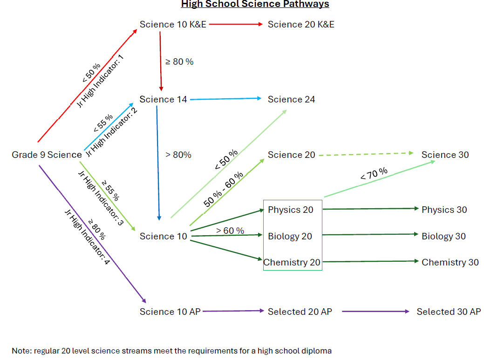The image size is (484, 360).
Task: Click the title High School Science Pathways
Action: (255, 4)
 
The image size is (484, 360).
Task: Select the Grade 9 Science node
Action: (47, 155)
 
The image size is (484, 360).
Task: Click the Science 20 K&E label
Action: (301, 24)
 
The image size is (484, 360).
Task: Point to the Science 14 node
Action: (163, 99)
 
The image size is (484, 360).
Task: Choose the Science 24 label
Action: (291, 99)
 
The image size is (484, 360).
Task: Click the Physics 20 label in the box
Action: (291, 210)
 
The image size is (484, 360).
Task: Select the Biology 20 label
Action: (290, 236)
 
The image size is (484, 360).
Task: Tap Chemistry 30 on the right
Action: (450, 262)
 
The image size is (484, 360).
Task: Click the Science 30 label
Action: (445, 155)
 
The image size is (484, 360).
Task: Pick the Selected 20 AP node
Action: (300, 312)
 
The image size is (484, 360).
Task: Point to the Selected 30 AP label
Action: (449, 312)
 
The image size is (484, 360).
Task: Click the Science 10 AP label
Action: (170, 312)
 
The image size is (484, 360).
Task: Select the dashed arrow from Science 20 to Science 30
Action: (366, 154)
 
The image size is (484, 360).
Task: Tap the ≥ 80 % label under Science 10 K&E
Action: (179, 61)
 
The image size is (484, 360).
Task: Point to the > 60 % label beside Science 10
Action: (230, 231)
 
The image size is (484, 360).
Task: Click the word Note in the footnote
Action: (21, 351)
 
